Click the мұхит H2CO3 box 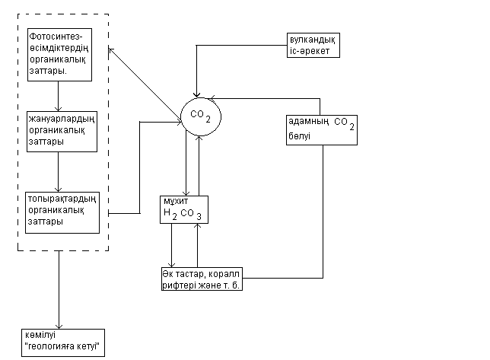click(x=183, y=208)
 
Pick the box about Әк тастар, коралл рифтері click(x=200, y=279)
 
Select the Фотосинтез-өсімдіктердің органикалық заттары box click(x=59, y=54)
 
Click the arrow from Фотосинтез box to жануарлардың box click(x=59, y=95)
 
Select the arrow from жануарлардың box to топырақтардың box click(x=59, y=172)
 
